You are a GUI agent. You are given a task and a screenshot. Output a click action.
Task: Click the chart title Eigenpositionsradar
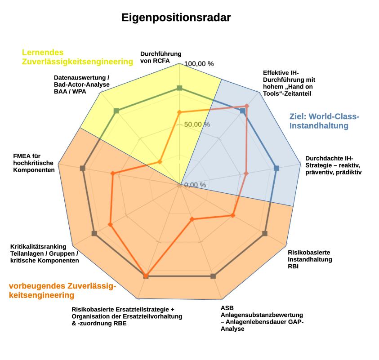pos(176,18)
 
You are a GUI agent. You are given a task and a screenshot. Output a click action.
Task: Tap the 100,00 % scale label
pos(199,64)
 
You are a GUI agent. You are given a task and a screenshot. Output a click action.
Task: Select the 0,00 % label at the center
pos(195,185)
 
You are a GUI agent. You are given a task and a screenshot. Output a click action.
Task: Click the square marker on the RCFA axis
pos(179,88)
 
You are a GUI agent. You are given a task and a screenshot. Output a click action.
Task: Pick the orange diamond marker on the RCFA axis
pos(179,112)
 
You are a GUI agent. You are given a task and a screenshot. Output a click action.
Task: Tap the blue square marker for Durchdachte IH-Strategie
pos(276,168)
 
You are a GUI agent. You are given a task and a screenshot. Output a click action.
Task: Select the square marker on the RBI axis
pos(264,233)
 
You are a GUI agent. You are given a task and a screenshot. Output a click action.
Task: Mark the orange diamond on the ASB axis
pos(192,219)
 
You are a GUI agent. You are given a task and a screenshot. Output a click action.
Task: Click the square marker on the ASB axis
pos(213,276)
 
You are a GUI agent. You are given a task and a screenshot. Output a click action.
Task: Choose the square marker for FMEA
pos(82,168)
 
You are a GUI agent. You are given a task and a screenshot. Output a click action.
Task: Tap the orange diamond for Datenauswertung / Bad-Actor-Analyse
pos(160,162)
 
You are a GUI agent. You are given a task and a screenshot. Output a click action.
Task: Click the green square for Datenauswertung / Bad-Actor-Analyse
pos(117,111)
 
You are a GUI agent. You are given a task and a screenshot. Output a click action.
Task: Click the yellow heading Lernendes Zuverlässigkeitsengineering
pos(77,57)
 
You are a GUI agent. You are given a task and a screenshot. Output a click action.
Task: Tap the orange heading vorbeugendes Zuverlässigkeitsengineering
pos(62,291)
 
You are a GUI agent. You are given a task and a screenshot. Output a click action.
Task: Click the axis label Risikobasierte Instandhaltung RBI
pos(310,259)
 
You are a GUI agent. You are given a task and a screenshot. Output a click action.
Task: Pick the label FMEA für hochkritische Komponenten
pos(34,163)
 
